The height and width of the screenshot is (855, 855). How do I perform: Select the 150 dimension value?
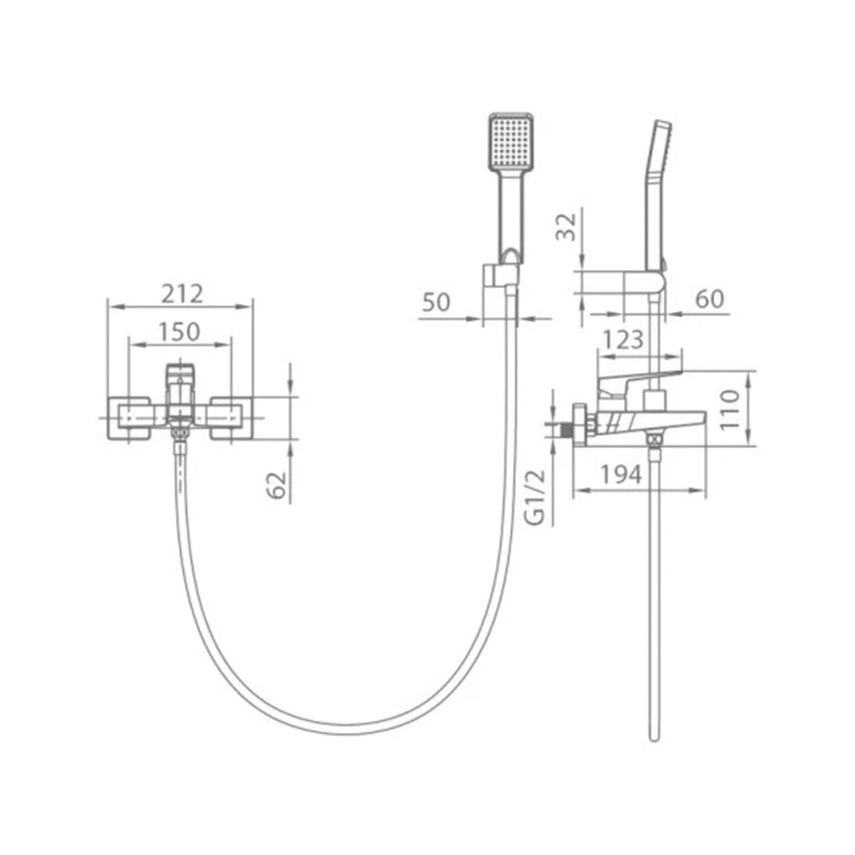180,332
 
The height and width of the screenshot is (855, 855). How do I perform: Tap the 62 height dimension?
277,485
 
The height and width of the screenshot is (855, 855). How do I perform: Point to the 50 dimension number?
437,302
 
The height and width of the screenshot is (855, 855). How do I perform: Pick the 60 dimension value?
710,298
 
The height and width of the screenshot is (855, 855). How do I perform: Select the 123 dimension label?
624,340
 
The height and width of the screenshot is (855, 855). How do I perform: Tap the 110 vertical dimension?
730,410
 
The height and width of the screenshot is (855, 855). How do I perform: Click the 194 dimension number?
621,474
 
